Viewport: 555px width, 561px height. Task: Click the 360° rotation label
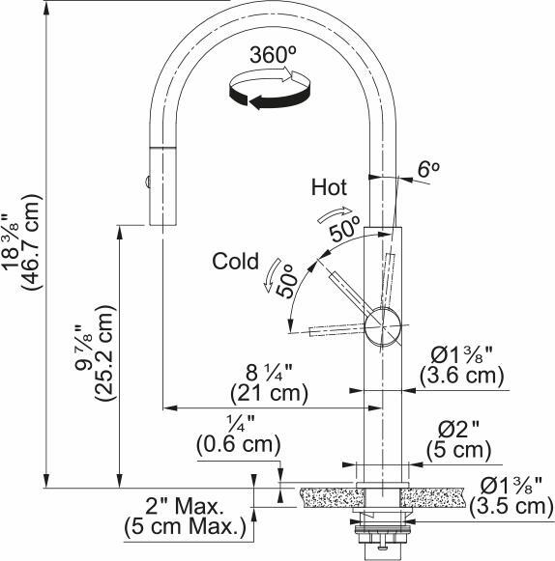[273, 55]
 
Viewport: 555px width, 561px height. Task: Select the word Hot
[329, 187]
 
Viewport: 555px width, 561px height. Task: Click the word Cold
[235, 261]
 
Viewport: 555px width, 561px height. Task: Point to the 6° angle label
[429, 169]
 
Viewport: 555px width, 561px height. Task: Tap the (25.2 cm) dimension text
[104, 352]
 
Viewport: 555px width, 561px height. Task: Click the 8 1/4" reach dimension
[269, 373]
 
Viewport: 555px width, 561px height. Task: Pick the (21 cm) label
[270, 394]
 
